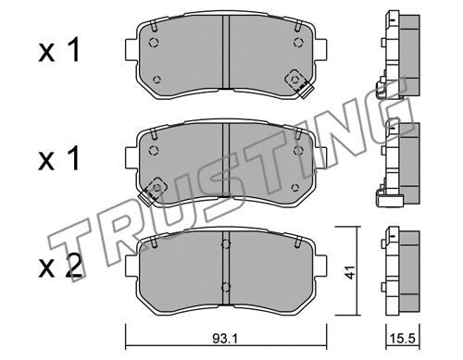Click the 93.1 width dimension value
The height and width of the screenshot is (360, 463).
[225, 339]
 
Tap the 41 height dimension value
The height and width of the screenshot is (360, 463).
[350, 272]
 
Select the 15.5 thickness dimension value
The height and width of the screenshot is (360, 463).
[403, 339]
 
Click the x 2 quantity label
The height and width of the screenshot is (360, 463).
[60, 267]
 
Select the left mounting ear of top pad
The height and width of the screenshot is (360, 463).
[131, 49]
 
